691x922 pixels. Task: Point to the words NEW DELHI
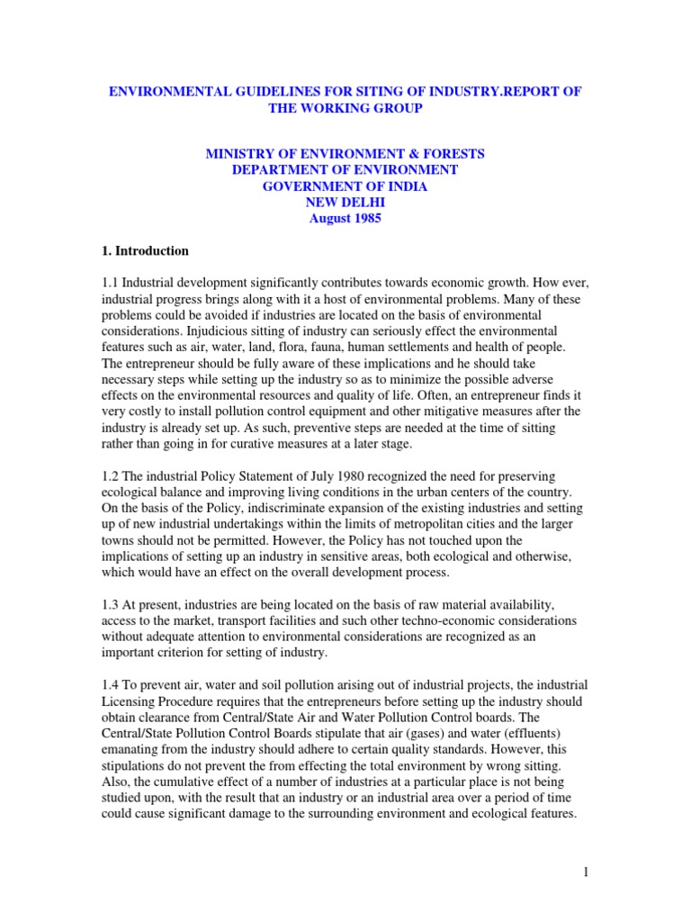pyautogui.click(x=345, y=203)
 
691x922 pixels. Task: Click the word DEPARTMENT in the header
pyautogui.click(x=277, y=170)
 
